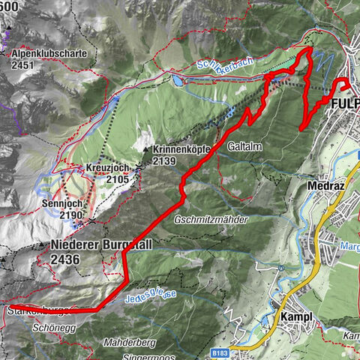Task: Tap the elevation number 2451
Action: [x=23, y=65]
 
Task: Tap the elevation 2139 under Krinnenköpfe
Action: [x=163, y=160]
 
